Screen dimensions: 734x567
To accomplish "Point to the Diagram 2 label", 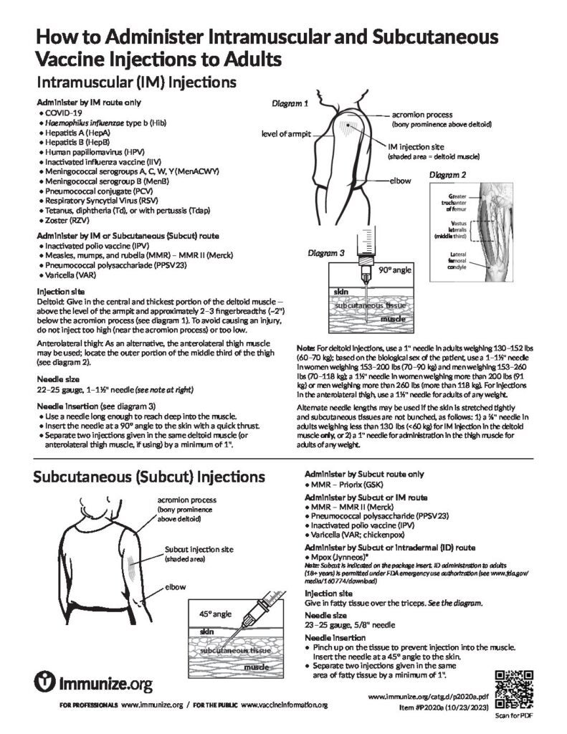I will [448, 174].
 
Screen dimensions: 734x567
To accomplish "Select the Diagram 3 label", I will [326, 252].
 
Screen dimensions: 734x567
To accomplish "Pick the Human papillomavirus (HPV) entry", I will [95, 153].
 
